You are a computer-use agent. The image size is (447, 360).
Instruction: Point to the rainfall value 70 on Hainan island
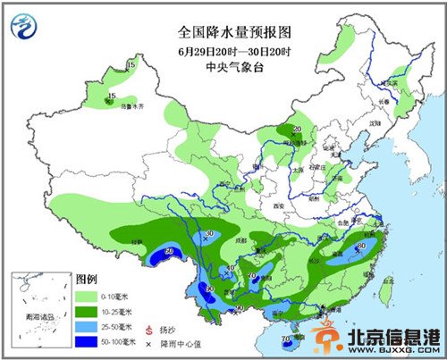click(287, 339)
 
